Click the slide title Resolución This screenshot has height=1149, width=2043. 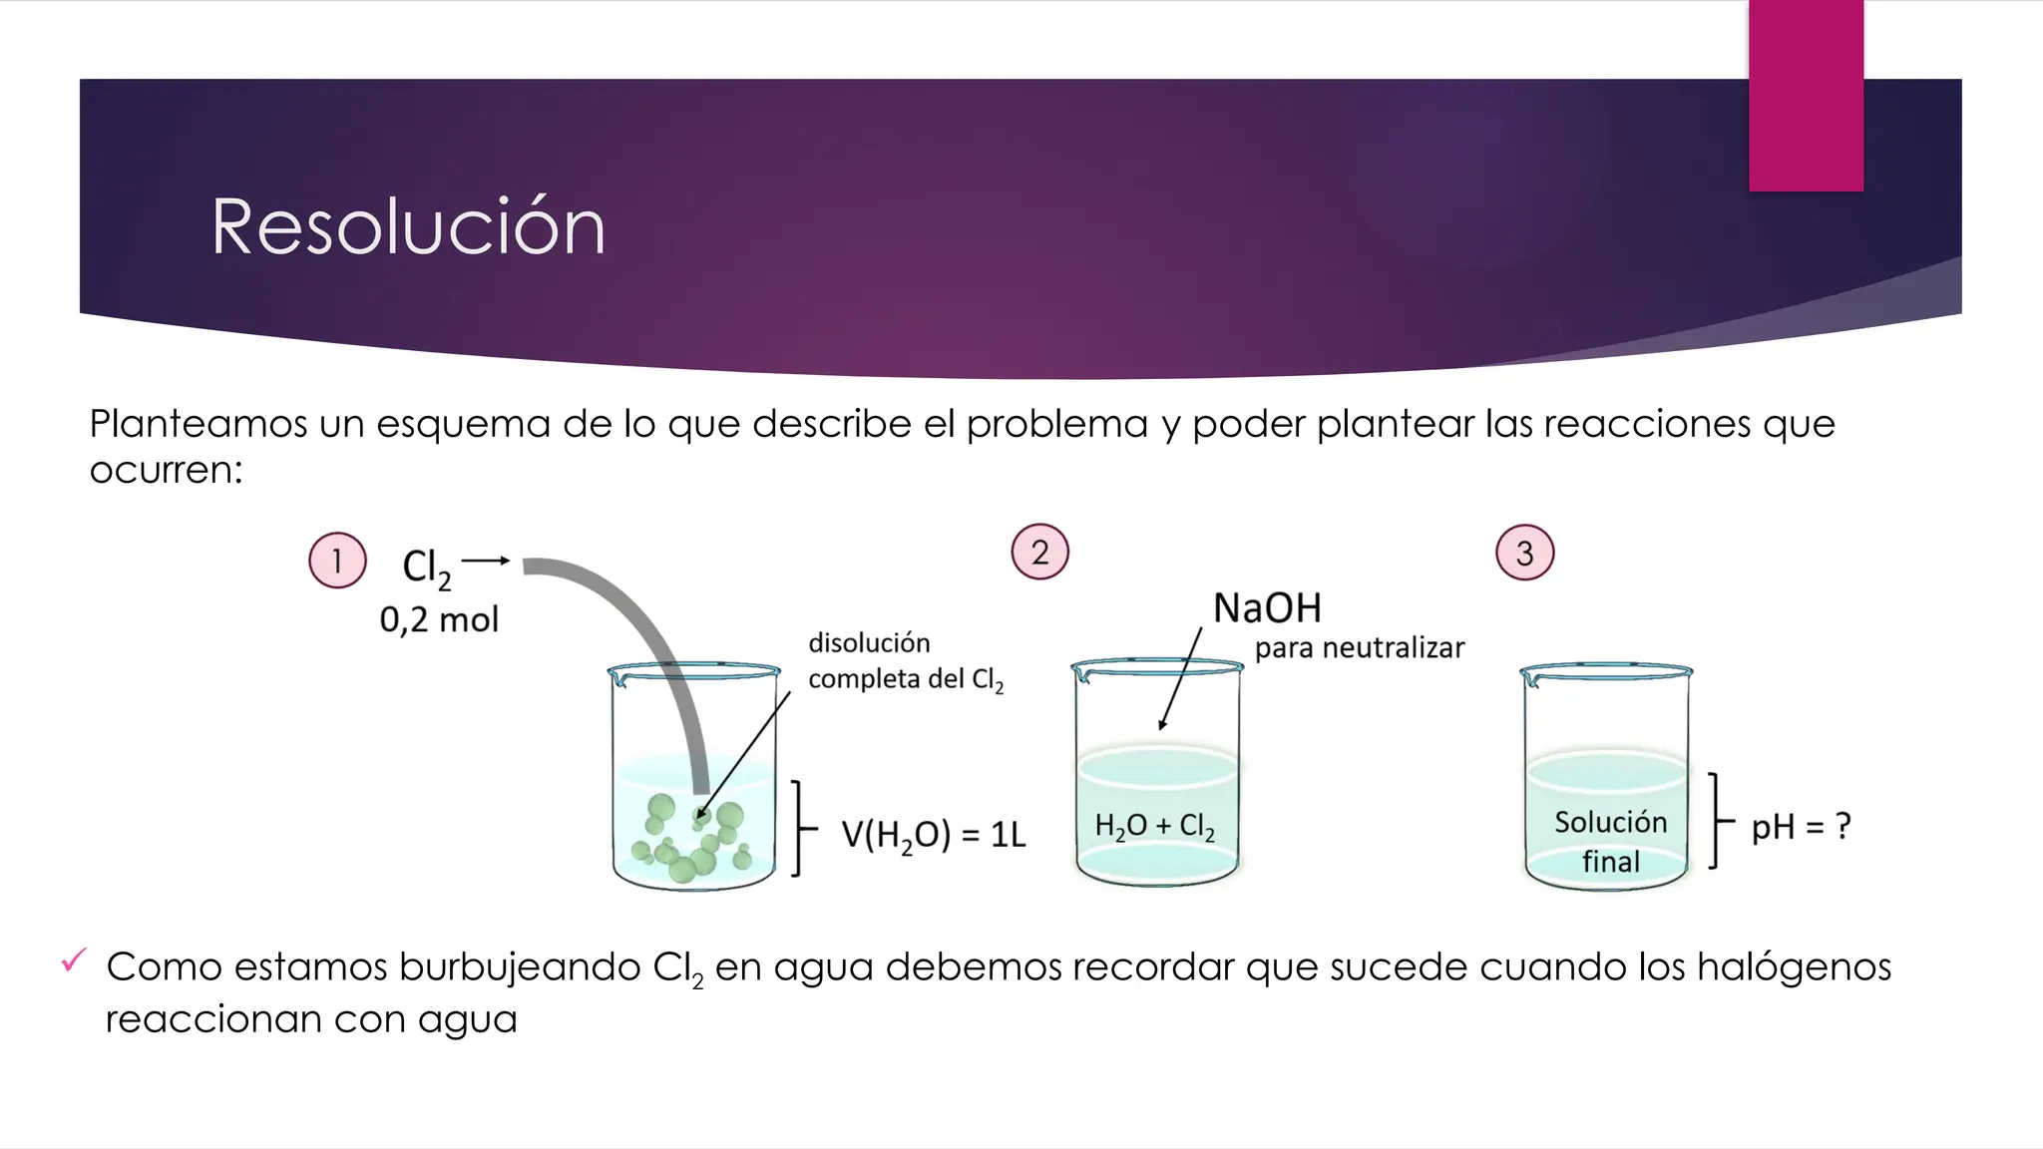point(408,227)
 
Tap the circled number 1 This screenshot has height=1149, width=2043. point(337,561)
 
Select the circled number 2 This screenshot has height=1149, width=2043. point(1039,552)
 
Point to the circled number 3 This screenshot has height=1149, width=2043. point(1524,553)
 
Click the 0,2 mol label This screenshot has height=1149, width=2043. point(439,620)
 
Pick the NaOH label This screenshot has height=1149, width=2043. point(1267,607)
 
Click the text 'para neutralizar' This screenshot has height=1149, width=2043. point(1359,648)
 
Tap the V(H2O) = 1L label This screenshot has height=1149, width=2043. point(933,835)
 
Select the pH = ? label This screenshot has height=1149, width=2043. point(1801,827)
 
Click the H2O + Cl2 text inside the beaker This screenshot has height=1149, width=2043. point(1154,826)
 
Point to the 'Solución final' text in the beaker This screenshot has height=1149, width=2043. point(1610,841)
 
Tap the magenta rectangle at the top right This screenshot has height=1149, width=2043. point(1806,95)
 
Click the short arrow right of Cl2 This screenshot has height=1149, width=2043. point(486,561)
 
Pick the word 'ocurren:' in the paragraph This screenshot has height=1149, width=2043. point(167,470)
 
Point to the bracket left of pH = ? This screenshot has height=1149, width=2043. point(1718,821)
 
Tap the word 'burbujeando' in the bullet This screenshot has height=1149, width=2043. point(520,966)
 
